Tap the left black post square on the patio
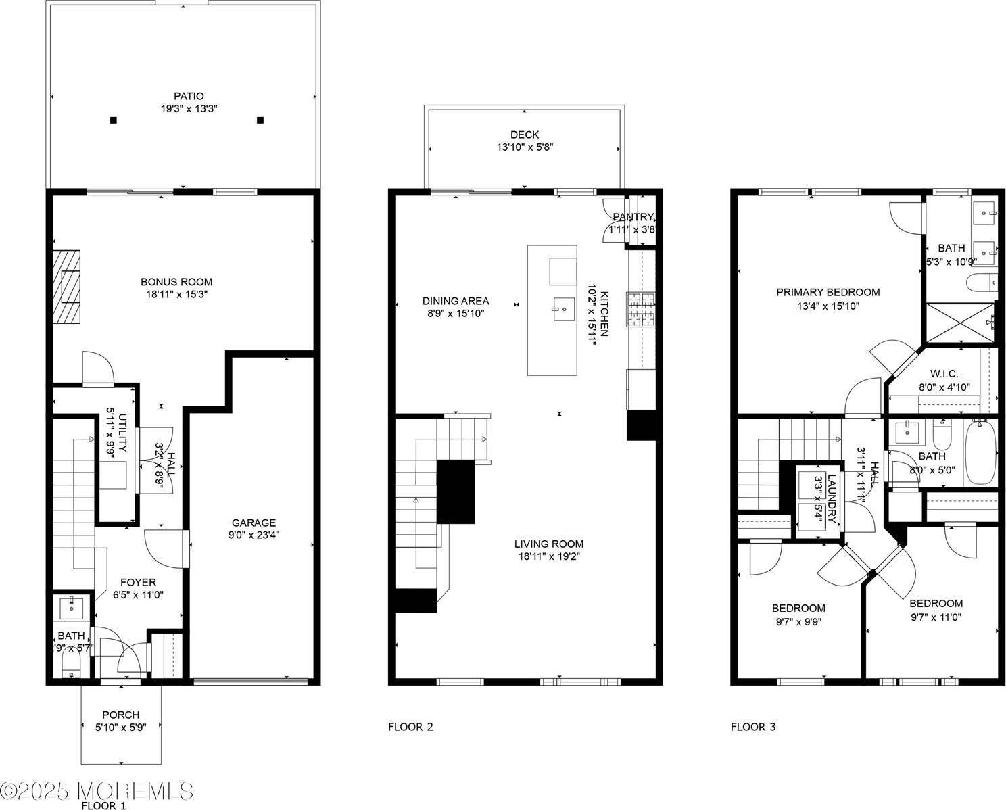114,120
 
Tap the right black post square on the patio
260,120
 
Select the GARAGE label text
254,523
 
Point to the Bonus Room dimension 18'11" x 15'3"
176,295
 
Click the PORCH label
120,715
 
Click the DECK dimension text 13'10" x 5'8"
525,147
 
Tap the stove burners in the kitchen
641,310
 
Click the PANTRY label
633,217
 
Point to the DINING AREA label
456,301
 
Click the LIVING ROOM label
548,544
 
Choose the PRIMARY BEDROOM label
828,292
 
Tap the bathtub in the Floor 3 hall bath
980,451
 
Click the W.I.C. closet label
944,374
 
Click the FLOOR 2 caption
410,727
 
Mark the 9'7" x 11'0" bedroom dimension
936,617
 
